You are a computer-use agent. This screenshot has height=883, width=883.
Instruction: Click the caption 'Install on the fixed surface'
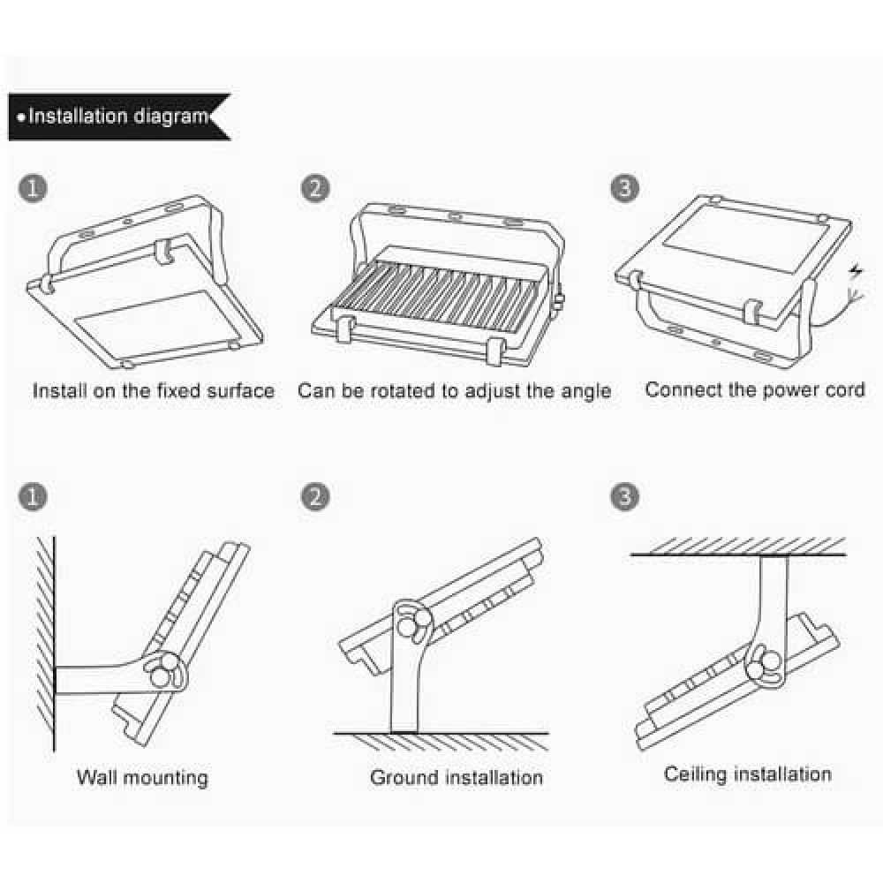click(154, 390)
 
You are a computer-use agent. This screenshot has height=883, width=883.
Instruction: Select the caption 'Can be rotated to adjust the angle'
click(454, 391)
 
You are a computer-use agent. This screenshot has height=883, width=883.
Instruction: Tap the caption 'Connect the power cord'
click(755, 389)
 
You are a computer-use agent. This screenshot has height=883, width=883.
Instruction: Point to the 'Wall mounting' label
click(142, 778)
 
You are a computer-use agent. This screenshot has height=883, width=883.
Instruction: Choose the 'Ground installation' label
click(456, 778)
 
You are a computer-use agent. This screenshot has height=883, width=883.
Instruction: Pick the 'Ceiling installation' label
click(747, 774)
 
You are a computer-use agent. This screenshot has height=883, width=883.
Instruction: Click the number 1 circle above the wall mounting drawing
click(33, 497)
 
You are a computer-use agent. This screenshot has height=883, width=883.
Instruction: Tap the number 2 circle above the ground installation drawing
click(314, 497)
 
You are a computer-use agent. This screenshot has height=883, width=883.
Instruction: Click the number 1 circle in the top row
click(33, 189)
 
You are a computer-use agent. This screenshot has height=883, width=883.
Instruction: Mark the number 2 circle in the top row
click(314, 189)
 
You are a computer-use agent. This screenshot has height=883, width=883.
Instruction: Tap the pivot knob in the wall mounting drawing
click(163, 674)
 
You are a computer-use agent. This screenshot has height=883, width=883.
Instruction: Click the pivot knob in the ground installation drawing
click(411, 624)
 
